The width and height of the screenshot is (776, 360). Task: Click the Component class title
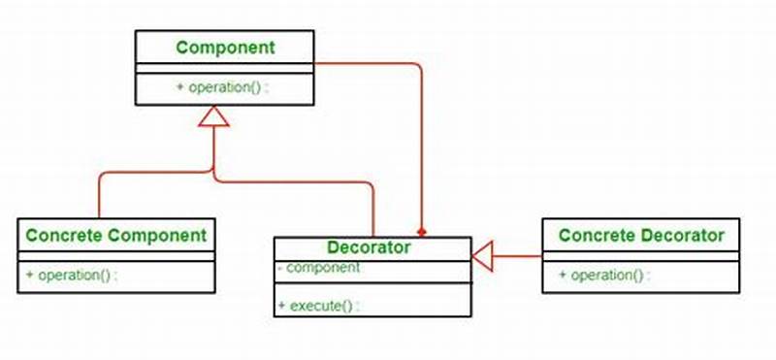225,47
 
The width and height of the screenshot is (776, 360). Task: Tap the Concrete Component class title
115,234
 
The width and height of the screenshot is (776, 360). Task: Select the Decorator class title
368,247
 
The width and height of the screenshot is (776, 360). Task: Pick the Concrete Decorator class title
641,234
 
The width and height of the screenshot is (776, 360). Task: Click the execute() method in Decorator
321,306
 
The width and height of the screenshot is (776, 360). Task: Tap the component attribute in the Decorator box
321,267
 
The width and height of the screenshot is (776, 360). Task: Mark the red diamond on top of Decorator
422,233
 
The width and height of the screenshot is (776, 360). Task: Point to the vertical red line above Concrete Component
100,199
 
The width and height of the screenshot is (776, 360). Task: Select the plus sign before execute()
281,306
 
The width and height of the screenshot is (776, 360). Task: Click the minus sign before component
279,267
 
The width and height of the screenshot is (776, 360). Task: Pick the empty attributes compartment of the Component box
225,67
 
